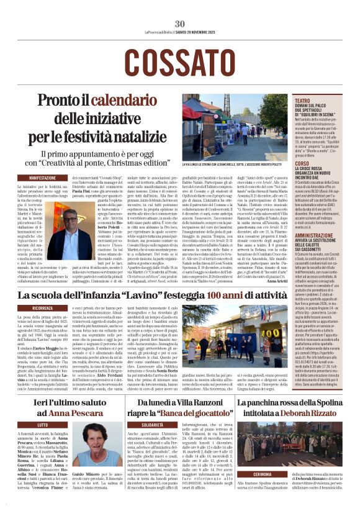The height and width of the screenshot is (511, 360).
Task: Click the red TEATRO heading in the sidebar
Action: tap(302, 101)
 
